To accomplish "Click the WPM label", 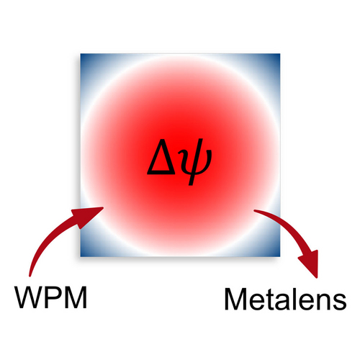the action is (51, 297).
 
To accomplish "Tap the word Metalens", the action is (285, 300).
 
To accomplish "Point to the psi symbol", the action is (197, 162).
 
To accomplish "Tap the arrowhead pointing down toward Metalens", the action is (310, 264).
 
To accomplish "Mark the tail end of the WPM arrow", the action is (30, 276).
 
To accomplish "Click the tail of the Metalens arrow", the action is (255, 211).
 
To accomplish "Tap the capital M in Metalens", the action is (235, 300).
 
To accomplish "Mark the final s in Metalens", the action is (340, 302).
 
